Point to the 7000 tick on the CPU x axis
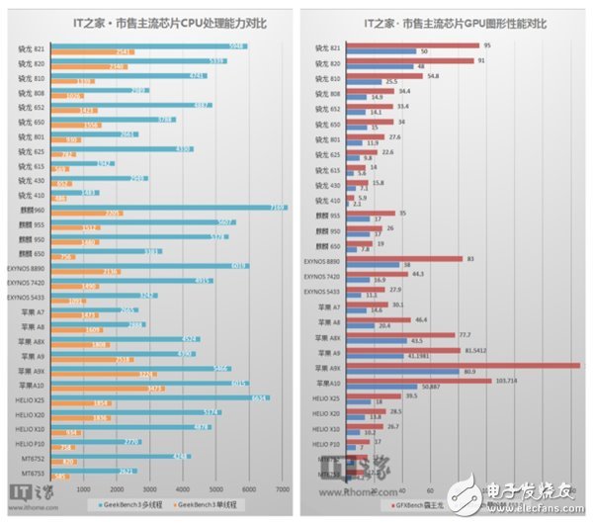tap(282, 488)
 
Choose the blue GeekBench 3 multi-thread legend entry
tap(125, 503)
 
